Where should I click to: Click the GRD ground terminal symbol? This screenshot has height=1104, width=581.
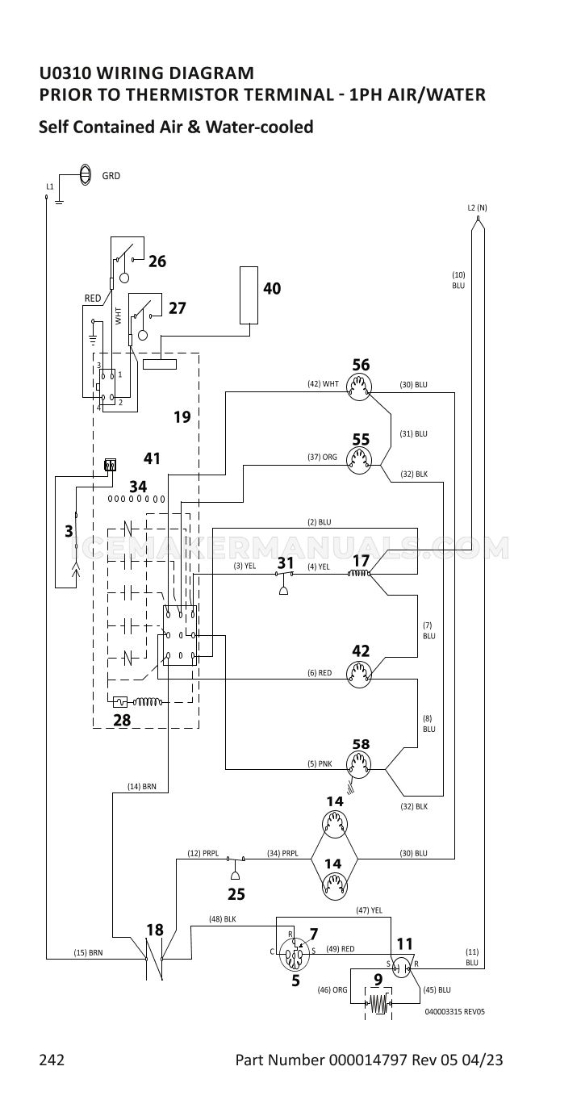pos(85,174)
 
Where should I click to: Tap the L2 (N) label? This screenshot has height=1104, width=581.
pos(477,207)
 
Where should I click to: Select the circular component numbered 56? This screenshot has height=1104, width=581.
pos(359,387)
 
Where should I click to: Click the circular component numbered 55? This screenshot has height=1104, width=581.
pos(359,460)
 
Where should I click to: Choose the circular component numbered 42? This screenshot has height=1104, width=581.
pos(359,674)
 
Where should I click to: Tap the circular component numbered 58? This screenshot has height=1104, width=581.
pos(359,765)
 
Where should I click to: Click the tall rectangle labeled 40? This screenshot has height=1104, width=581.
pos(249,295)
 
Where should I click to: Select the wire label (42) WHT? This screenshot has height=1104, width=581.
pos(323,383)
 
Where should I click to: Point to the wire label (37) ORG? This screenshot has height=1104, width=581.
pos(322,457)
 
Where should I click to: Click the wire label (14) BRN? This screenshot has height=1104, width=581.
pos(142,787)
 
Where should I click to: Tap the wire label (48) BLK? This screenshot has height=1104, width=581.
pos(223,918)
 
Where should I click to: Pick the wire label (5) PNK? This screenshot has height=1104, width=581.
pos(320,764)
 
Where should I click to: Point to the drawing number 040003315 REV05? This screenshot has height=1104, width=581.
pos(454,1011)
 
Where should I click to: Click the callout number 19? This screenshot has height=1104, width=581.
pos(182,417)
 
